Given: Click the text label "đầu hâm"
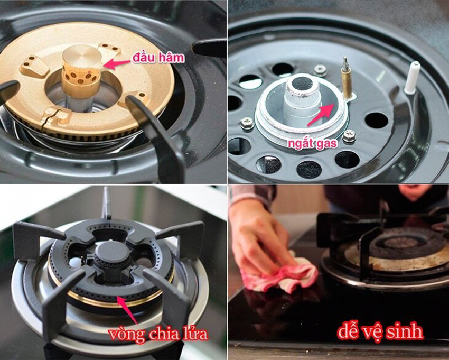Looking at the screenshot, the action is click(x=158, y=58).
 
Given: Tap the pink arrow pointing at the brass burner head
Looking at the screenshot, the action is click(x=116, y=64).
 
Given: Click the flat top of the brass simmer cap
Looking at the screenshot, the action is click(x=82, y=56).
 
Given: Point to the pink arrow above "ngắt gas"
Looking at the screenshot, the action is click(x=321, y=114).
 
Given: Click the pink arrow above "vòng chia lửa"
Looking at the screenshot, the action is click(x=128, y=311).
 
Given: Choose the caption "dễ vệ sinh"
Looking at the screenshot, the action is click(x=380, y=331).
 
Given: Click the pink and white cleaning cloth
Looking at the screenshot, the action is click(x=279, y=276).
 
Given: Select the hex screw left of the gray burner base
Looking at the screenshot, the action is click(x=247, y=123).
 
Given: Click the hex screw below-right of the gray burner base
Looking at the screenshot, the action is click(x=349, y=136).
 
